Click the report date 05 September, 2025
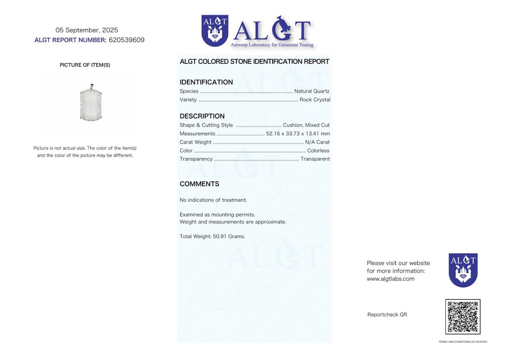click(x=87, y=30)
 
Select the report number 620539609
click(x=126, y=40)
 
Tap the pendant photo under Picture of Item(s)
click(x=91, y=103)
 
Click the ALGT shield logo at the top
click(x=214, y=31)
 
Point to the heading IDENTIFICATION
click(x=206, y=82)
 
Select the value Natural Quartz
click(x=312, y=91)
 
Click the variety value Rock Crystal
click(x=315, y=100)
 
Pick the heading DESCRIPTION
click(x=202, y=116)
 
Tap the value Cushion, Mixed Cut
click(x=306, y=125)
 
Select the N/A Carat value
click(x=317, y=142)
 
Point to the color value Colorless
click(x=318, y=150)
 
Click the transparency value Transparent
click(x=315, y=159)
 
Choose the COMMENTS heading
click(x=199, y=184)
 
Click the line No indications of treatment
click(x=213, y=200)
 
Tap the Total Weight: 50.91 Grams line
click(x=212, y=236)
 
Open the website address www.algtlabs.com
click(x=390, y=279)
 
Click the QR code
click(x=462, y=317)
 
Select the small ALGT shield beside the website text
click(x=463, y=270)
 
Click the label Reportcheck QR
click(x=387, y=315)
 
